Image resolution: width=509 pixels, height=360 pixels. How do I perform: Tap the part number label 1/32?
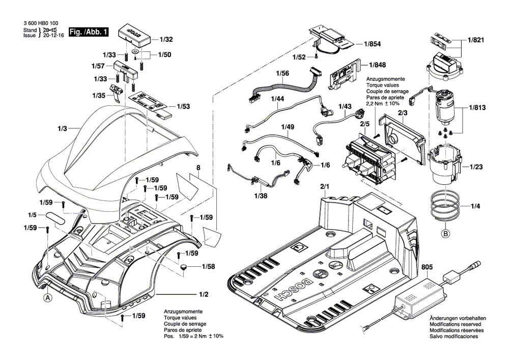pyautogui.click(x=166, y=39)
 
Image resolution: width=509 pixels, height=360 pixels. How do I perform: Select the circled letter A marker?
pyautogui.click(x=47, y=298)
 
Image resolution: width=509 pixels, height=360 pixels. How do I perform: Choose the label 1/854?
pyautogui.click(x=372, y=44)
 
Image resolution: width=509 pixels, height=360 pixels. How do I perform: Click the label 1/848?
pyautogui.click(x=377, y=65)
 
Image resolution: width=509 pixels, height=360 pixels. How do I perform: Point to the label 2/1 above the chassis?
pyautogui.click(x=324, y=187)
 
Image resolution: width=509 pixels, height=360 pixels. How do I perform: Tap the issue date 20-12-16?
pyautogui.click(x=53, y=37)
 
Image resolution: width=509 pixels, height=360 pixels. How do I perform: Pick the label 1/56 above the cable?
pyautogui.click(x=282, y=74)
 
